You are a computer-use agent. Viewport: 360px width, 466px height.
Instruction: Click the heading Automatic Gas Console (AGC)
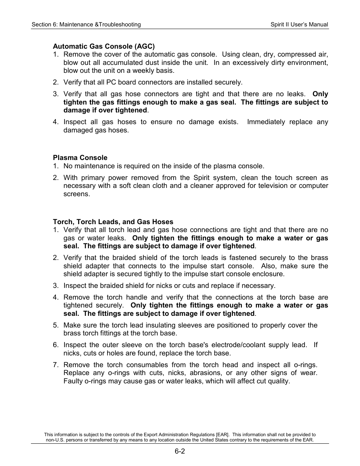104,46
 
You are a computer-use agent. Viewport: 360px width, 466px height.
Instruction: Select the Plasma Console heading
80,158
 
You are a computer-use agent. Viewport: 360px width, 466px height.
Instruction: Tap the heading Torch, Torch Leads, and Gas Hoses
113,222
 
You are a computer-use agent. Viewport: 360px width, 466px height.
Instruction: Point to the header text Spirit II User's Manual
299,25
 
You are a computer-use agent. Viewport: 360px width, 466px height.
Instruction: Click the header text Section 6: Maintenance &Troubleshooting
86,25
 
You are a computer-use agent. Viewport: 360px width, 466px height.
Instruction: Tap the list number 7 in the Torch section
55,365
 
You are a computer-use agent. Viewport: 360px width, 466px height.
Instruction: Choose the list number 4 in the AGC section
55,122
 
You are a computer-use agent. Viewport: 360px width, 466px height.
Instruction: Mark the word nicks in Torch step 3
171,286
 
